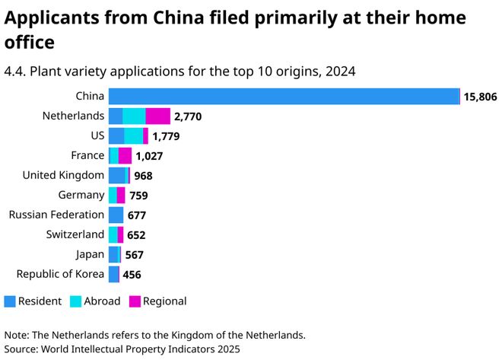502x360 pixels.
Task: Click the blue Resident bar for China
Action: pos(284,96)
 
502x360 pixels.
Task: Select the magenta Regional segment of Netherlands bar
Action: pos(157,116)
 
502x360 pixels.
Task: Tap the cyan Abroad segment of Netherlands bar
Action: pos(134,116)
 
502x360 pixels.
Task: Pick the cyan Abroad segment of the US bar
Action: pos(133,135)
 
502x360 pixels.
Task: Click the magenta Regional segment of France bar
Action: pos(125,155)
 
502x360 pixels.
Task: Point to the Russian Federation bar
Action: pos(116,215)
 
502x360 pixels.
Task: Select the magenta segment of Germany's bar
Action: pos(121,195)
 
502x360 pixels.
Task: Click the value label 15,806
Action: pos(480,97)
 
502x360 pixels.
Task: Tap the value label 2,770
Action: pos(187,116)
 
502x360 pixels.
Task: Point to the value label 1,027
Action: pos(149,156)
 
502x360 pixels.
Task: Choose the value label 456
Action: pos(132,275)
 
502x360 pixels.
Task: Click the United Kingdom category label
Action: pos(63,175)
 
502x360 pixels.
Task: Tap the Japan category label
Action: pos(90,254)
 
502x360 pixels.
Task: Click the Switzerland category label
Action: pos(75,234)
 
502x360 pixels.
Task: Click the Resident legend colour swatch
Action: pos(9,301)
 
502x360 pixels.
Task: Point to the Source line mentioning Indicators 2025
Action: pos(122,349)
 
